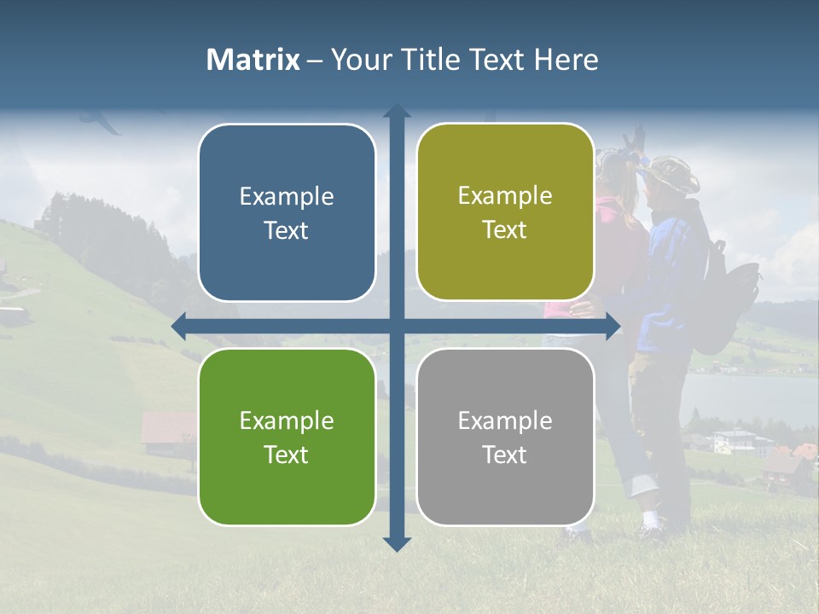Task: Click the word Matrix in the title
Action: click(253, 60)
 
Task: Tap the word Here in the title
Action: click(566, 60)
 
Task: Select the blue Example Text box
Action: click(287, 212)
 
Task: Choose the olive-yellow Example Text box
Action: click(505, 212)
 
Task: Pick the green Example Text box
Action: click(287, 437)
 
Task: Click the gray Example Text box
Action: click(505, 437)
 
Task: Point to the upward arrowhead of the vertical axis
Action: click(397, 111)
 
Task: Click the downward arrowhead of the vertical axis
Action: click(397, 543)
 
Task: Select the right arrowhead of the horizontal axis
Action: click(613, 327)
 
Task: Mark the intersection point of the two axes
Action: click(397, 327)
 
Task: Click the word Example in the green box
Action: click(287, 420)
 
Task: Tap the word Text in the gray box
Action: click(505, 455)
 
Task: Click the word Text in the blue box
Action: click(287, 230)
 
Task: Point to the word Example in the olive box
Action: click(505, 195)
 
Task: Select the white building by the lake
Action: click(734, 440)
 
